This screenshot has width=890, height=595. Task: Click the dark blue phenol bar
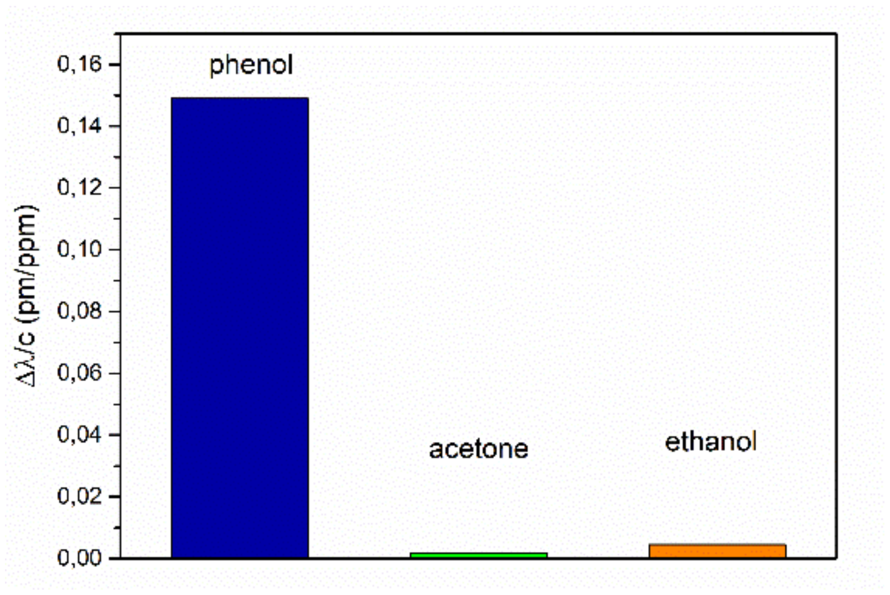pos(240,328)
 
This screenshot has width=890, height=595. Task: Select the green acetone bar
pos(478,555)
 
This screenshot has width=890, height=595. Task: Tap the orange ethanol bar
pos(717,551)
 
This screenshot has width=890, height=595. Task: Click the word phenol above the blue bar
pos(251,65)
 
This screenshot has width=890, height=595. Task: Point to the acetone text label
pos(478,449)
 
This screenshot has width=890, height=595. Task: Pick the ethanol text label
pos(710,442)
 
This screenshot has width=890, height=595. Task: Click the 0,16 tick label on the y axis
pos(80,64)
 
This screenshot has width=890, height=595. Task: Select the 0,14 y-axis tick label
pos(80,126)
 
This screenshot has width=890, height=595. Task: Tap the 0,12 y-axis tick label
pos(80,188)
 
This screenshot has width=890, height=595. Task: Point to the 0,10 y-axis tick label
pos(80,249)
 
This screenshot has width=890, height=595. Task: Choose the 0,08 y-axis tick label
pos(80,311)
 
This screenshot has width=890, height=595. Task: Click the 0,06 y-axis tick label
pos(80,373)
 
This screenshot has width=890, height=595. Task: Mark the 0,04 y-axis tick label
pos(80,435)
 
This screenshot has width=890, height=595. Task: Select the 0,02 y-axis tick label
pos(80,496)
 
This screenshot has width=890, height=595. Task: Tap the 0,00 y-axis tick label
pos(80,558)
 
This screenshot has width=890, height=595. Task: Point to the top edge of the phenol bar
pos(240,98)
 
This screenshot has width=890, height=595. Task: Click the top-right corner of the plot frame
pos(836,34)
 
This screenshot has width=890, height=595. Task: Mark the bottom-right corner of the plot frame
pos(836,559)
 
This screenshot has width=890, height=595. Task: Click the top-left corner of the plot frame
pos(120,34)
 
